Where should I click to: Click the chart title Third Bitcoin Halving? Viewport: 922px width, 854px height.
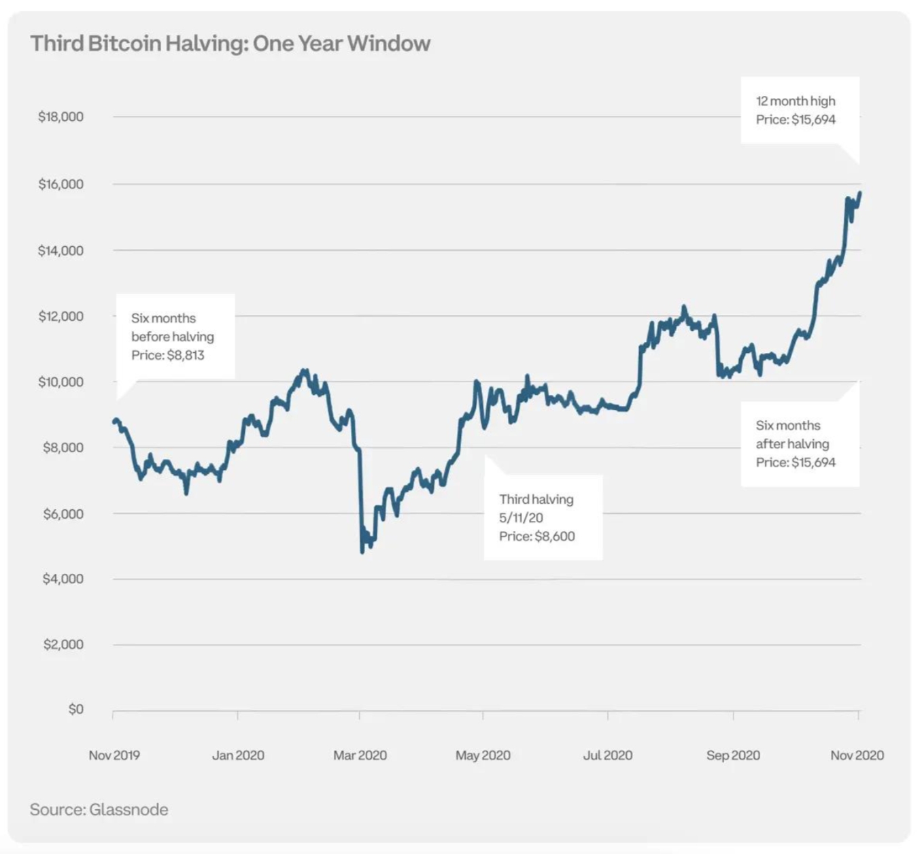point(230,44)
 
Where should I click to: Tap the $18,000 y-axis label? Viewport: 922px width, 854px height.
point(61,117)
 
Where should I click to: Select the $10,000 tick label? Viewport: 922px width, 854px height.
point(61,382)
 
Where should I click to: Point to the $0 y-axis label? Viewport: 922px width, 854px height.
point(75,709)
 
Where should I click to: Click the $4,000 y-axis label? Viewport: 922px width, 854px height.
point(63,579)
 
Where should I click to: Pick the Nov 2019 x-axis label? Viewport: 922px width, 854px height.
point(114,755)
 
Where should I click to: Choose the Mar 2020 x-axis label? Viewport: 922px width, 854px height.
point(360,755)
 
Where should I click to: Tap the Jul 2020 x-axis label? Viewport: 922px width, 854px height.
point(607,755)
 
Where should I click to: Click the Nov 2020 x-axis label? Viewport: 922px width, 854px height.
point(857,755)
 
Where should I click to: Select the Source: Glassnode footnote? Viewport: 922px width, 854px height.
point(99,810)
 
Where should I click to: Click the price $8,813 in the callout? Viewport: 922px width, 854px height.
point(185,355)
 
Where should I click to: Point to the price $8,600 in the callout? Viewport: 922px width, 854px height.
point(554,536)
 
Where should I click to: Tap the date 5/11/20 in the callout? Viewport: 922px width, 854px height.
point(521,518)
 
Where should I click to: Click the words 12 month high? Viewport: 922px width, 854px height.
point(796,101)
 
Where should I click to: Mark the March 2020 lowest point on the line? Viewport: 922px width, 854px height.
point(362,551)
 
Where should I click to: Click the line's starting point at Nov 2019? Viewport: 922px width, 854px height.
point(114,422)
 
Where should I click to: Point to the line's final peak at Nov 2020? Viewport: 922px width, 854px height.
point(859,193)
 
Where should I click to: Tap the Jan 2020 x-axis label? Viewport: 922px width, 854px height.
point(238,755)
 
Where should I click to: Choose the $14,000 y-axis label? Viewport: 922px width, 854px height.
point(61,251)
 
